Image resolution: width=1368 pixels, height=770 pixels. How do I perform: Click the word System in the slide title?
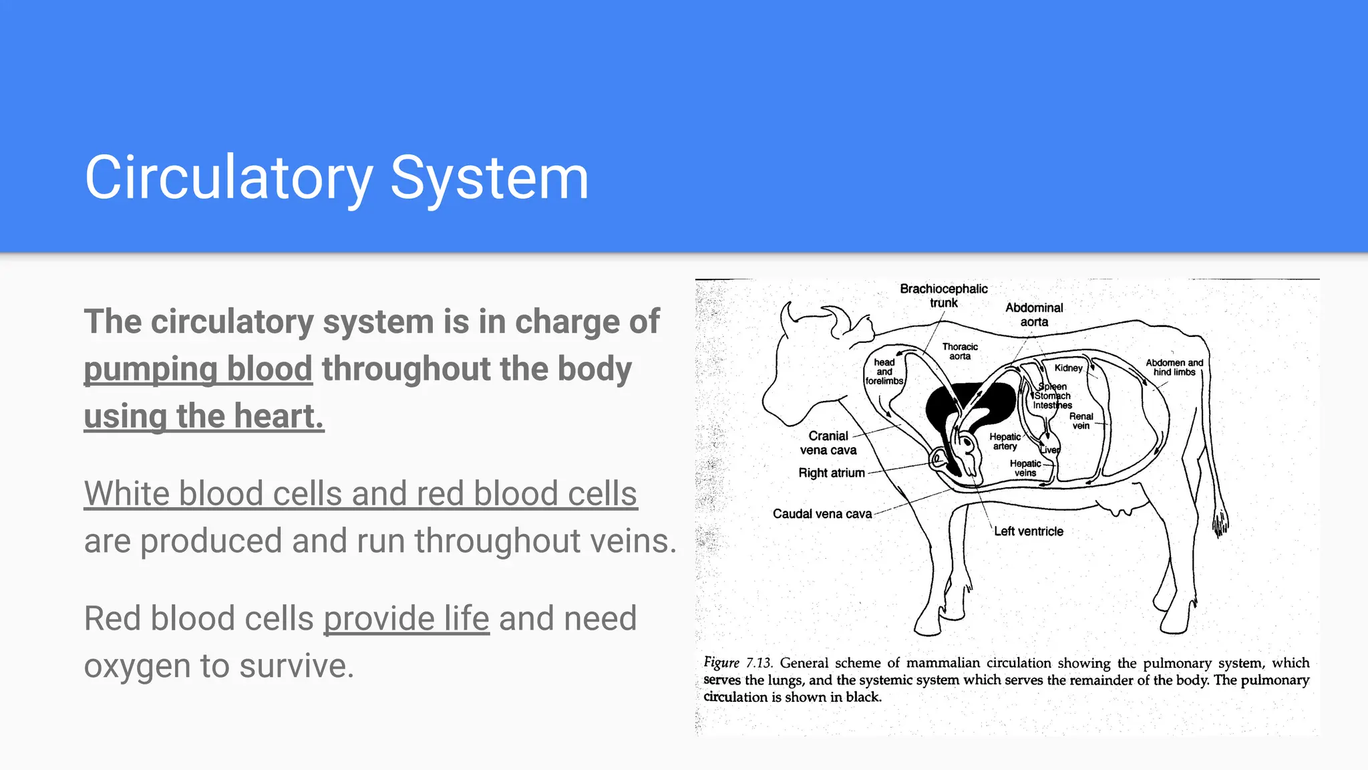[489, 178]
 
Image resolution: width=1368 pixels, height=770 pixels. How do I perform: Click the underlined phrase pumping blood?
[198, 369]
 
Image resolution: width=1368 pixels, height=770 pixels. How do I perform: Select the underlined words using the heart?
[204, 416]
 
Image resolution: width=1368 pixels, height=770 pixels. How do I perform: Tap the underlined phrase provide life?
[406, 618]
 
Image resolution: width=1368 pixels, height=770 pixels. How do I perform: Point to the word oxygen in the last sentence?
[137, 666]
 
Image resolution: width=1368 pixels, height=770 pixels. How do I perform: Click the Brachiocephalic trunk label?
[943, 295]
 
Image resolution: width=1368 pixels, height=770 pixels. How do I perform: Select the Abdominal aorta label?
[1034, 315]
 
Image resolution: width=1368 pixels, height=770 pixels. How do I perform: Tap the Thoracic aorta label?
[960, 352]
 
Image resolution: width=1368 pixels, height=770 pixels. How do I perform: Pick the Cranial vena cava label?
[828, 443]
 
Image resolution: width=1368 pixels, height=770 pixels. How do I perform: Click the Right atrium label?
[832, 473]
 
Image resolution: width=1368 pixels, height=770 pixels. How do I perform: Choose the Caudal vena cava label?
[822, 514]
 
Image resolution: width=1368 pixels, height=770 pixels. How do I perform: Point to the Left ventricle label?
[1029, 531]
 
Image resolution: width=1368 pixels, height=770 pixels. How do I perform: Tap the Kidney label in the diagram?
[1068, 368]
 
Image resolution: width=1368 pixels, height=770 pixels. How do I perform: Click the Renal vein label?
[1081, 421]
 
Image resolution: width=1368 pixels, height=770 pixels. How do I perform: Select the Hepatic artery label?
[1005, 441]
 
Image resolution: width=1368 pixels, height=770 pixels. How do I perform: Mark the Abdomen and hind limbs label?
[1174, 368]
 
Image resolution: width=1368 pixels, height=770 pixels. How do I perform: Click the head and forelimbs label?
[884, 372]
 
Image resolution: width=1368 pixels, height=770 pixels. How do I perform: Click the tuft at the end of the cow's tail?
[1220, 524]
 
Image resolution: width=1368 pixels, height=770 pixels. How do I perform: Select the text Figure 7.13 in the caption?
[737, 663]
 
